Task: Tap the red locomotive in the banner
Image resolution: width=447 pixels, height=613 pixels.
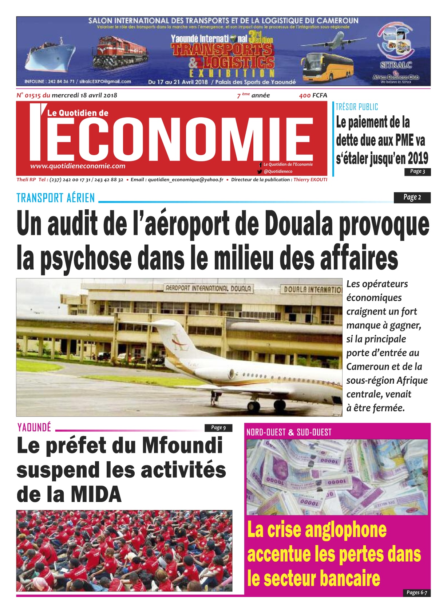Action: pyautogui.click(x=120, y=53)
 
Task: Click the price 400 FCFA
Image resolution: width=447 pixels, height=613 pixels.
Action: pyautogui.click(x=313, y=95)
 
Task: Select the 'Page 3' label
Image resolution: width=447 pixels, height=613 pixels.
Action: pyautogui.click(x=418, y=171)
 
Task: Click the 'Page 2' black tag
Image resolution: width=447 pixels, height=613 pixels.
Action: pyautogui.click(x=412, y=197)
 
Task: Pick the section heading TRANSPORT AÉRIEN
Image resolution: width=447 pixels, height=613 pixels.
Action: pyautogui.click(x=56, y=198)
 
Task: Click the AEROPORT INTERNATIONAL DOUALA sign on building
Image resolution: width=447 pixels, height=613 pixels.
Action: pyautogui.click(x=208, y=289)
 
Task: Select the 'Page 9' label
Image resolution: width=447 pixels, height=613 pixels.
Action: pyautogui.click(x=218, y=428)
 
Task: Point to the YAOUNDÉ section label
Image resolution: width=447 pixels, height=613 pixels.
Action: pyautogui.click(x=34, y=427)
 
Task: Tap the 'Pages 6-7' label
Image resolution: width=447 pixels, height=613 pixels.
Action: pyautogui.click(x=416, y=593)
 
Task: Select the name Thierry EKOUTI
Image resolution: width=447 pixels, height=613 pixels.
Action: pyautogui.click(x=310, y=179)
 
